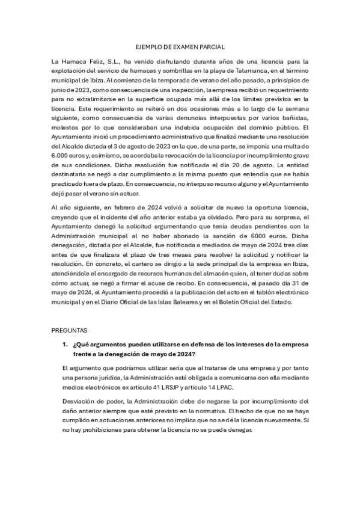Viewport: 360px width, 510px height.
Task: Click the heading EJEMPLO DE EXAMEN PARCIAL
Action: point(180,46)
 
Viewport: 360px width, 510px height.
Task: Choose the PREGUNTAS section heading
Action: point(70,330)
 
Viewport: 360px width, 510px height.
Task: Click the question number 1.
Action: point(65,344)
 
